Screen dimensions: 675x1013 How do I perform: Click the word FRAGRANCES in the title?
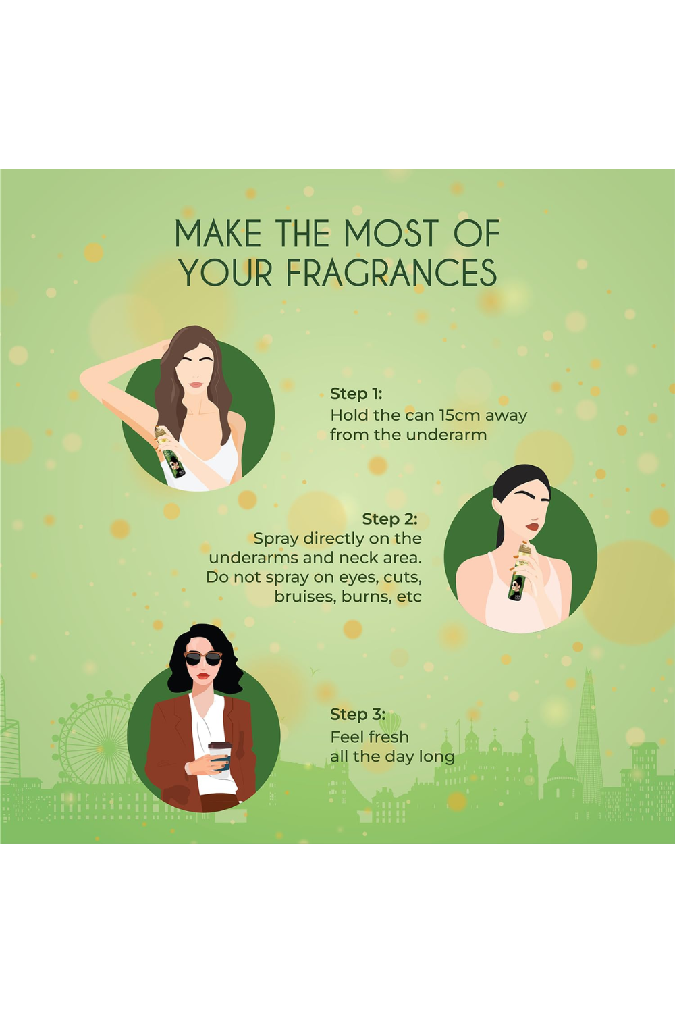coord(391,273)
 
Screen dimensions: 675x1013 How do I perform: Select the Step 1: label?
coord(356,394)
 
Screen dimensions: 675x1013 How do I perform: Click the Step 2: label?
coord(389,519)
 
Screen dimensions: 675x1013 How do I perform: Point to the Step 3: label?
coord(357,715)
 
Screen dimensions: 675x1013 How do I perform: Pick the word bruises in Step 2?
coord(305,597)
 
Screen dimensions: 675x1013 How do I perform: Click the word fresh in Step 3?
coord(388,737)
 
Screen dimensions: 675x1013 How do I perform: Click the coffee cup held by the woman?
coord(220,756)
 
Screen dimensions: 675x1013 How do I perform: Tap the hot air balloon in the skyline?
coord(389,723)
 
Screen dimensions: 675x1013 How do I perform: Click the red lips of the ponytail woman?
coord(532,527)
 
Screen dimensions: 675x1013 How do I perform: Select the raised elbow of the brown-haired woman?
coord(86,379)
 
